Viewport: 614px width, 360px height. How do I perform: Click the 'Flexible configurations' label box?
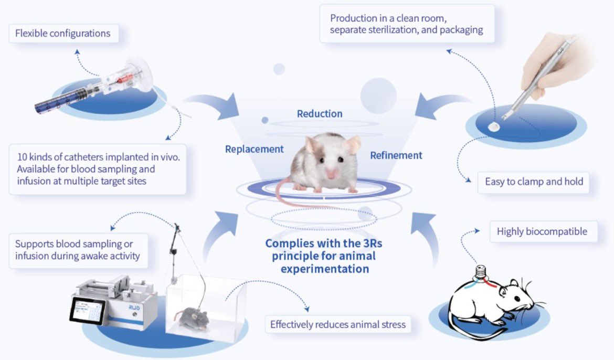coord(63,34)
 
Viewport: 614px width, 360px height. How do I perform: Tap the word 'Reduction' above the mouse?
coord(320,113)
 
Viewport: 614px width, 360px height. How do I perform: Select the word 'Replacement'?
coord(255,149)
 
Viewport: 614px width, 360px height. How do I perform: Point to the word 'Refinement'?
coord(396,155)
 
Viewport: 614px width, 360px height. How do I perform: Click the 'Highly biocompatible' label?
coord(542,231)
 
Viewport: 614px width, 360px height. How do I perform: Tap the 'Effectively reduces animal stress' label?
coord(338,324)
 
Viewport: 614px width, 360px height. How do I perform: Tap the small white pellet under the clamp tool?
coord(494,126)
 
